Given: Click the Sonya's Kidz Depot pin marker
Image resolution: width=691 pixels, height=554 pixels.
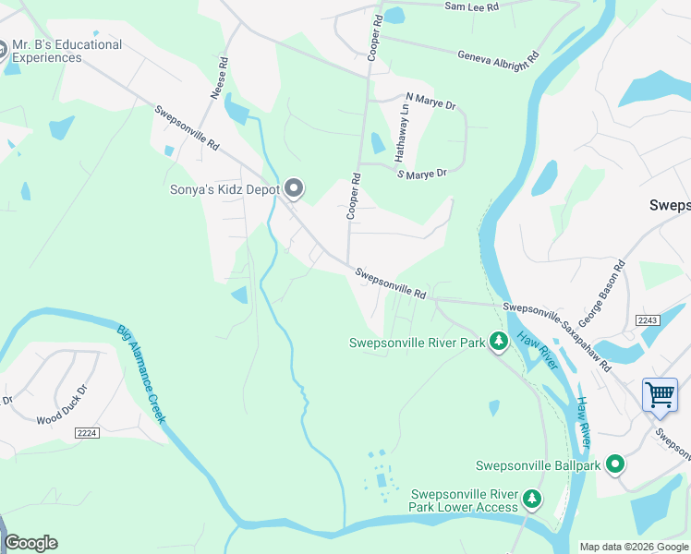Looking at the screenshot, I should tap(295, 189).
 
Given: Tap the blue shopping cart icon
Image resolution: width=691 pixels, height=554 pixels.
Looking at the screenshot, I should tap(660, 394).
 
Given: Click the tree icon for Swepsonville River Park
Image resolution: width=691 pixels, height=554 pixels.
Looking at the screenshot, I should tap(499, 343).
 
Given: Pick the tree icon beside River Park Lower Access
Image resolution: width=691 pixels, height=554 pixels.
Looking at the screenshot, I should tap(532, 500).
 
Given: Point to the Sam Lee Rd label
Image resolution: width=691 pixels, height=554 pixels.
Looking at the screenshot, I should tap(471, 6).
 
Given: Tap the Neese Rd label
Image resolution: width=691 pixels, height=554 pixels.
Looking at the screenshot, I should tap(219, 82).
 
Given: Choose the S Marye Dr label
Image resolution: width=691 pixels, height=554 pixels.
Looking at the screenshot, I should tap(421, 173).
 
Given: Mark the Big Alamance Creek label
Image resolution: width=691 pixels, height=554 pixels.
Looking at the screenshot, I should tap(141, 373).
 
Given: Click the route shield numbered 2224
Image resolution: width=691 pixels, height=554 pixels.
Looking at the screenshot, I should tap(87, 432).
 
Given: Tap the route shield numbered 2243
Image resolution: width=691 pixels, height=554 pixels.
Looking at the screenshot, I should tap(649, 319).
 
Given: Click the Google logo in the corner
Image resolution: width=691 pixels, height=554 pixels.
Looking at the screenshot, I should tap(30, 543).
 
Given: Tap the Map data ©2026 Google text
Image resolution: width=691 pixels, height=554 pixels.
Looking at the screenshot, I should tap(633, 547).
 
